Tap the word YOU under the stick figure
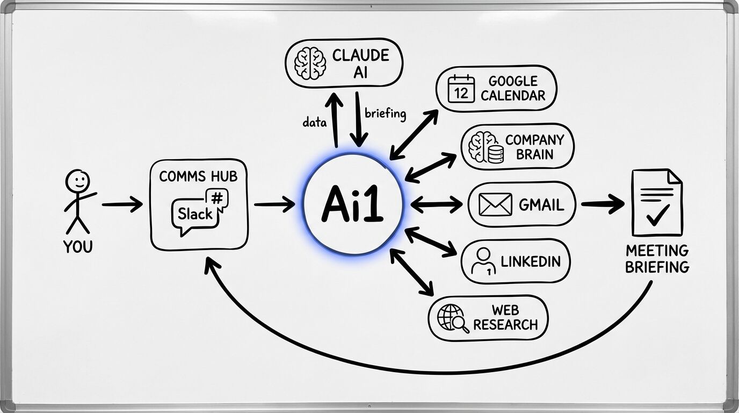tap(78, 247)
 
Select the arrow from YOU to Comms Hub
tap(122, 205)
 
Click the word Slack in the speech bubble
tap(195, 214)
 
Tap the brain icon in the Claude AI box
tap(310, 62)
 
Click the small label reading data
tap(315, 123)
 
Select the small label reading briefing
tap(385, 114)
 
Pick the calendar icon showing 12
tap(461, 89)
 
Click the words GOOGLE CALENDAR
tap(513, 89)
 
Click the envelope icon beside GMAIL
tap(495, 205)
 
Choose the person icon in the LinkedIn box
tap(483, 261)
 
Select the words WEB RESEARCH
tap(505, 318)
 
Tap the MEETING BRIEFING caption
tap(657, 259)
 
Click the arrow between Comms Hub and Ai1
tap(274, 205)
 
